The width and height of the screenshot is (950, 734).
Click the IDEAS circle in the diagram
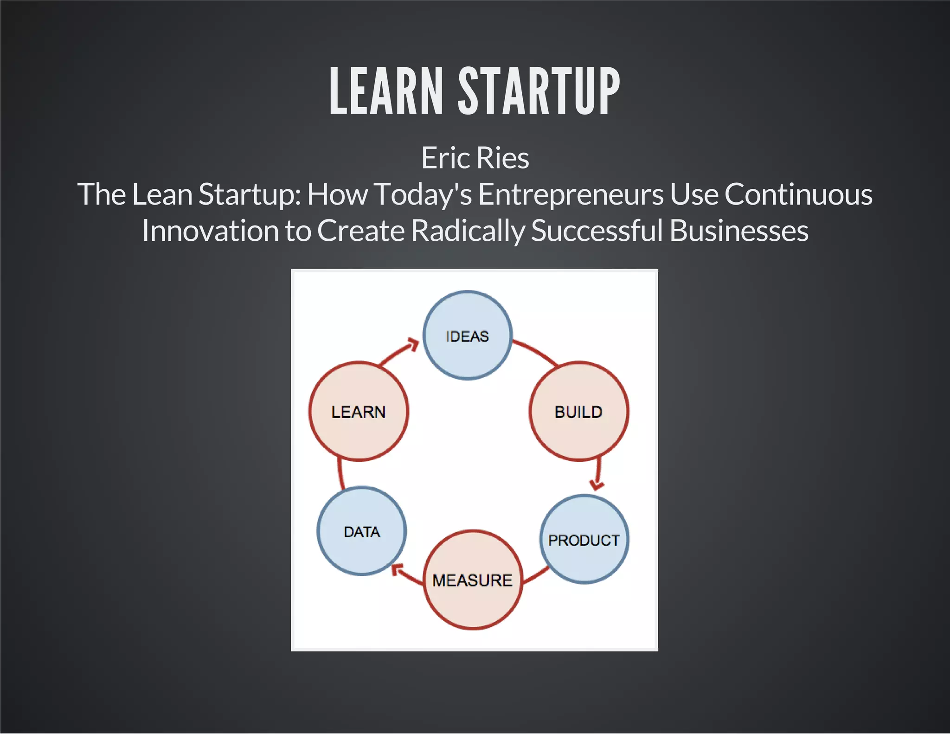[468, 335]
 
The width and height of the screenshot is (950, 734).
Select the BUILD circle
[579, 412]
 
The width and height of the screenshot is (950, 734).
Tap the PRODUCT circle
[584, 540]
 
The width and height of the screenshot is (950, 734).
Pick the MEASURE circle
[473, 580]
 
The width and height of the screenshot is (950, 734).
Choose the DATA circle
[362, 531]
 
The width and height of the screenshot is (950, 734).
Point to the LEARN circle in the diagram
[359, 412]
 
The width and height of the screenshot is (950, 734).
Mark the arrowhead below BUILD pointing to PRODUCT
[597, 484]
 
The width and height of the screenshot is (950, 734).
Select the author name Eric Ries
[475, 158]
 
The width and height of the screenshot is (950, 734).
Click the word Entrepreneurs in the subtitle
[571, 194]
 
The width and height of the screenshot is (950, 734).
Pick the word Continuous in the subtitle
[798, 194]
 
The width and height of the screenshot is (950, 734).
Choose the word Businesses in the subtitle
[739, 231]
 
